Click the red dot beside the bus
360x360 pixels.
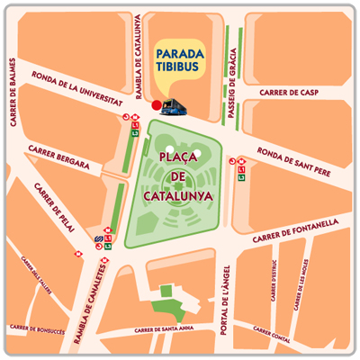tap(156, 106)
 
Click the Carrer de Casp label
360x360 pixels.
tap(288, 92)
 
